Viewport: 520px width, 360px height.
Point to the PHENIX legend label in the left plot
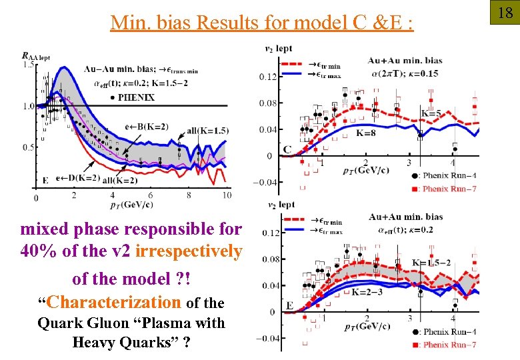[136, 97]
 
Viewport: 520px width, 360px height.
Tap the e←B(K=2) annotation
[146, 127]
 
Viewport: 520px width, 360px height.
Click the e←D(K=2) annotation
[79, 178]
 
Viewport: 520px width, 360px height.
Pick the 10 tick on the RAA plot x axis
[227, 195]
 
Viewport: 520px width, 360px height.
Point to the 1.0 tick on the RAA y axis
[29, 106]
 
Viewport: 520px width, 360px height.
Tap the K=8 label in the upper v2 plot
[365, 133]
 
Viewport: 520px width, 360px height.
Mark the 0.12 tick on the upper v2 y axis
[268, 77]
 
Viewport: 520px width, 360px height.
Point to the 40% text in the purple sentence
[40, 251]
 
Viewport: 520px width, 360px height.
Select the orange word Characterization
[115, 302]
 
